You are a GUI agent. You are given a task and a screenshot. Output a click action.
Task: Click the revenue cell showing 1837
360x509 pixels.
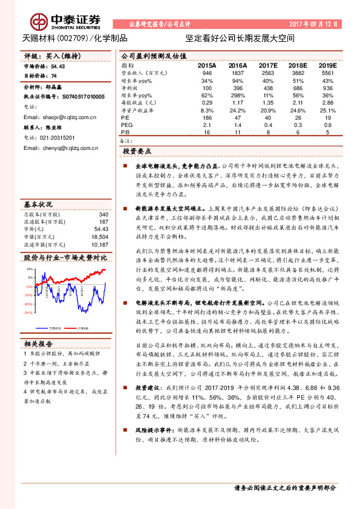(238, 73)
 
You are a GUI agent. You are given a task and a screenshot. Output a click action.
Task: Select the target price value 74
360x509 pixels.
(54, 77)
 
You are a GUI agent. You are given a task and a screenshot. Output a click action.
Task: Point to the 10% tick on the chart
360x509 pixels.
(28, 267)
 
